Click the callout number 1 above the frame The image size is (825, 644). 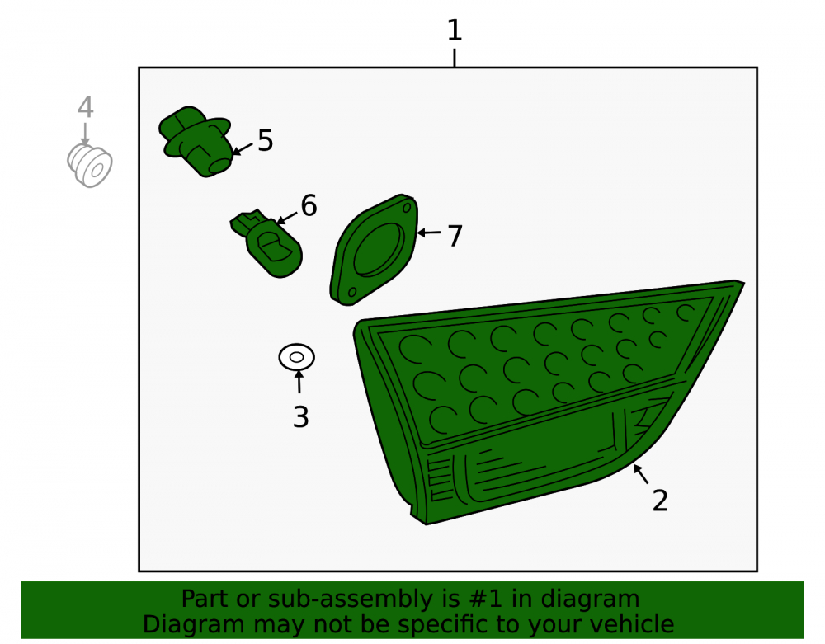coord(454,31)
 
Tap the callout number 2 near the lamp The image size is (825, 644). coord(660,501)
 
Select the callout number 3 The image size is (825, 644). coord(300,417)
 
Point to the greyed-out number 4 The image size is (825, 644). coord(86,107)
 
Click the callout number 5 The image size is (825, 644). coord(265,141)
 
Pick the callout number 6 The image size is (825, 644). coord(309,205)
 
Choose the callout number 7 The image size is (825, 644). coord(455,236)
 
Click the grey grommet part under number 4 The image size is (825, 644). coord(89,166)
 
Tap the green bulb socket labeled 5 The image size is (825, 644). coord(196,141)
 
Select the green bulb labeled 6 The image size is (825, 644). coord(266,243)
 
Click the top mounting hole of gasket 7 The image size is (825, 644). coord(407,208)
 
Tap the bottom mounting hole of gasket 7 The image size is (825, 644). coord(352,292)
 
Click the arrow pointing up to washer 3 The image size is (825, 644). coord(299,382)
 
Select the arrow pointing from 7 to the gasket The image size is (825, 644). coord(429,233)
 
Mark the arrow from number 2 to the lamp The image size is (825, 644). coord(641,473)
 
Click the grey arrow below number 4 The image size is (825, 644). coord(85,134)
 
